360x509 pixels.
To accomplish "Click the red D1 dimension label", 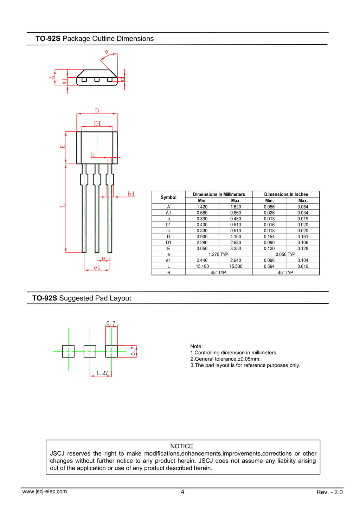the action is [97, 123].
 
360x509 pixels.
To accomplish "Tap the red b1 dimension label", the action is [131, 194].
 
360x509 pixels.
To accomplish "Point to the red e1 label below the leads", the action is [97, 268].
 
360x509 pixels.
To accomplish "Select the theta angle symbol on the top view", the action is [107, 52].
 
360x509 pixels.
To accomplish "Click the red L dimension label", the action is [63, 206].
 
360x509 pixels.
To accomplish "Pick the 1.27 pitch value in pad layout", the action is [102, 373].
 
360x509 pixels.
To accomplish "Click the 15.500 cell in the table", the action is [236, 266].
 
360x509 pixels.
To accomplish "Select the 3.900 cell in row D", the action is [202, 237].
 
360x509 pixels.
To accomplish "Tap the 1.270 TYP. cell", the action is [219, 254].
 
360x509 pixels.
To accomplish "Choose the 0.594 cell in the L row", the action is [269, 266].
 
